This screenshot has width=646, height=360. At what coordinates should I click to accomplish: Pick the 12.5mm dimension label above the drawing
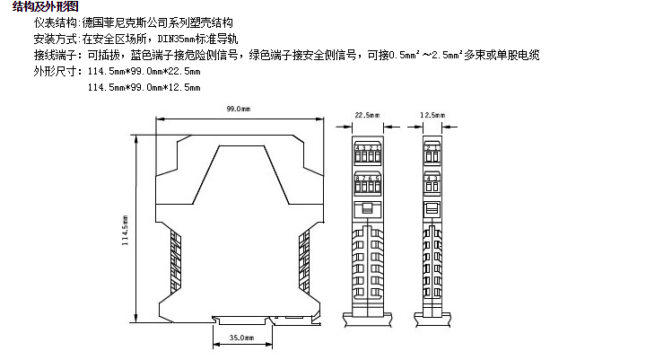pyautogui.click(x=432, y=116)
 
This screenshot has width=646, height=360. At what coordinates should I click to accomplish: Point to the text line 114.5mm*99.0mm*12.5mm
pyautogui.click(x=144, y=88)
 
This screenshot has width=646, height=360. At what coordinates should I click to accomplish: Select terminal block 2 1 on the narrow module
pyautogui.click(x=432, y=149)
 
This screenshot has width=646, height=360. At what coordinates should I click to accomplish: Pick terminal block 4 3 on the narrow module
pyautogui.click(x=432, y=182)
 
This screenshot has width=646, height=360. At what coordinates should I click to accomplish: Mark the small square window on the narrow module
pyautogui.click(x=432, y=207)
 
